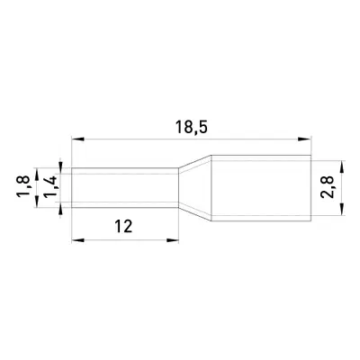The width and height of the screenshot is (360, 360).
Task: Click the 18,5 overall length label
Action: coord(191,128)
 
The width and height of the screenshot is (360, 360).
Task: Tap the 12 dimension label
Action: coord(123,227)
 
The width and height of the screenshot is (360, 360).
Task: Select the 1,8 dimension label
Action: coord(23,186)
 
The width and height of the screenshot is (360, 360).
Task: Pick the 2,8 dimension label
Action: coord(327,187)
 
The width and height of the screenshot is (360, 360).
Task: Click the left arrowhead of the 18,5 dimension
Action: coord(77,139)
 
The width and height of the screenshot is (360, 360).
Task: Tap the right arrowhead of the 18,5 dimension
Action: coord(305,139)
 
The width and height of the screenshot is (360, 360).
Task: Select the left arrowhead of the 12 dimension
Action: coord(77,240)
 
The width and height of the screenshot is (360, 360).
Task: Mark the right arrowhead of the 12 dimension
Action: coord(173,240)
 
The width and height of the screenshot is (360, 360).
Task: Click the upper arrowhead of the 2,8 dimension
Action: coord(342,167)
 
